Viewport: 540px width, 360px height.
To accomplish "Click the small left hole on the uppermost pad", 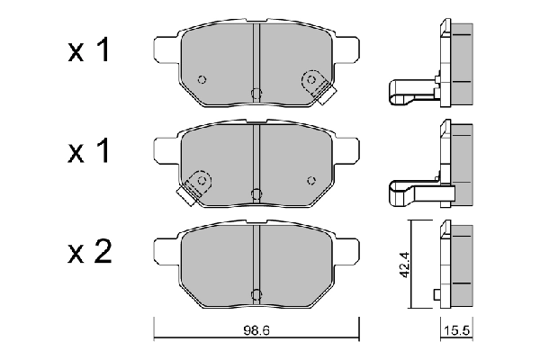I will click(202, 77).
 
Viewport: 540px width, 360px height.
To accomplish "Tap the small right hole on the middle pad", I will click(312, 179).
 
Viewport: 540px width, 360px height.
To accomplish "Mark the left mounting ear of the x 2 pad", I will click(166, 247).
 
